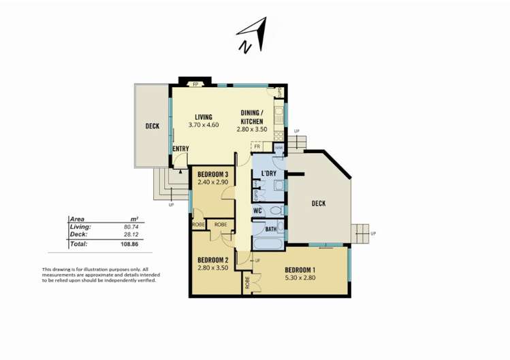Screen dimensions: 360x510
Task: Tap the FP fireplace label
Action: point(195,84)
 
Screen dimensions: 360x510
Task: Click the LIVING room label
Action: point(204,116)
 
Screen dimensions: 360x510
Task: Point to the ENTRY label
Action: point(181,148)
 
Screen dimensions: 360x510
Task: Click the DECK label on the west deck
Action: point(153,126)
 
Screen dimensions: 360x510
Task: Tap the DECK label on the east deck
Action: point(318,203)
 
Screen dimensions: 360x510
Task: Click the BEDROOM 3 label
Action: point(212,174)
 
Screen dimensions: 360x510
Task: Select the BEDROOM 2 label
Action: point(212,259)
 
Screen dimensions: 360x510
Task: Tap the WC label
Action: point(258,211)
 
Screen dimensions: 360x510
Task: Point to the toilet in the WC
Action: point(275,211)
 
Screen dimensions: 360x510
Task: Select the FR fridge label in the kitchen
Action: point(257,146)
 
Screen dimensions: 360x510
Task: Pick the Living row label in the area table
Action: point(80,226)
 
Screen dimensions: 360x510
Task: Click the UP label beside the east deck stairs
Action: point(373,233)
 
